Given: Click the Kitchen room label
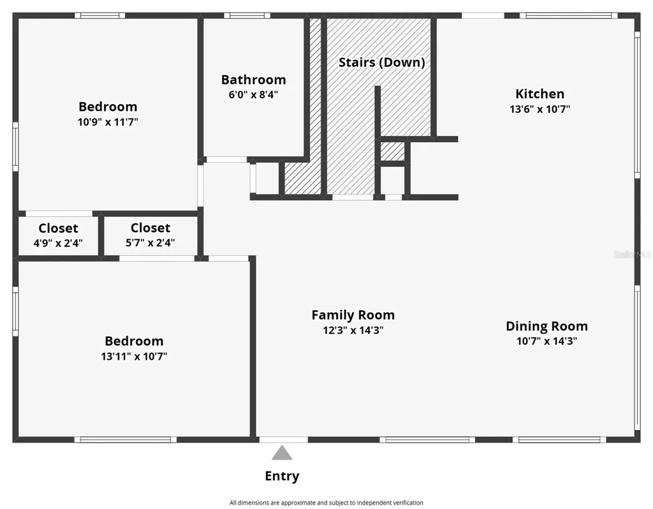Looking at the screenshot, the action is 539,94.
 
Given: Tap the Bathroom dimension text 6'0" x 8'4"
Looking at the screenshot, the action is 253,94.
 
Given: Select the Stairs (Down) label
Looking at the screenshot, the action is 381,63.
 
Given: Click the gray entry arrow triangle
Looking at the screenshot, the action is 282,453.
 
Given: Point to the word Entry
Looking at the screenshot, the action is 282,476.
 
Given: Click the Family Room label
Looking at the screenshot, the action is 353,315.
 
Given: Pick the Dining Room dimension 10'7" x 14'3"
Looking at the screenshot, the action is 547,341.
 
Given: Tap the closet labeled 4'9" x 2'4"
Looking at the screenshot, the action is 58,235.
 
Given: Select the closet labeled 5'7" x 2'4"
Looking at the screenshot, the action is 150,235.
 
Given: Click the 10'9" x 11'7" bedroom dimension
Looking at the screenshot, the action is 108,122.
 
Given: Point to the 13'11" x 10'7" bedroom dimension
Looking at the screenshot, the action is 134,357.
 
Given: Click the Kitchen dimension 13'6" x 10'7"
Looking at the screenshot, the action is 539,109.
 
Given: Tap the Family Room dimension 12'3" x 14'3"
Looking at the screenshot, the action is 353,330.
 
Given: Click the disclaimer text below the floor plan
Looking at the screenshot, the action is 326,503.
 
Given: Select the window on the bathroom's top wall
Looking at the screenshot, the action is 247,16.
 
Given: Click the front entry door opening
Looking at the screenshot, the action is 284,440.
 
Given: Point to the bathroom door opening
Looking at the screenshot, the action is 227,159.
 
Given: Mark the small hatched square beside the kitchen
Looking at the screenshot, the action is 393,151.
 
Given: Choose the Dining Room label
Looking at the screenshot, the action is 547,326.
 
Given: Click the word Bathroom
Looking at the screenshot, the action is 253,80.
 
